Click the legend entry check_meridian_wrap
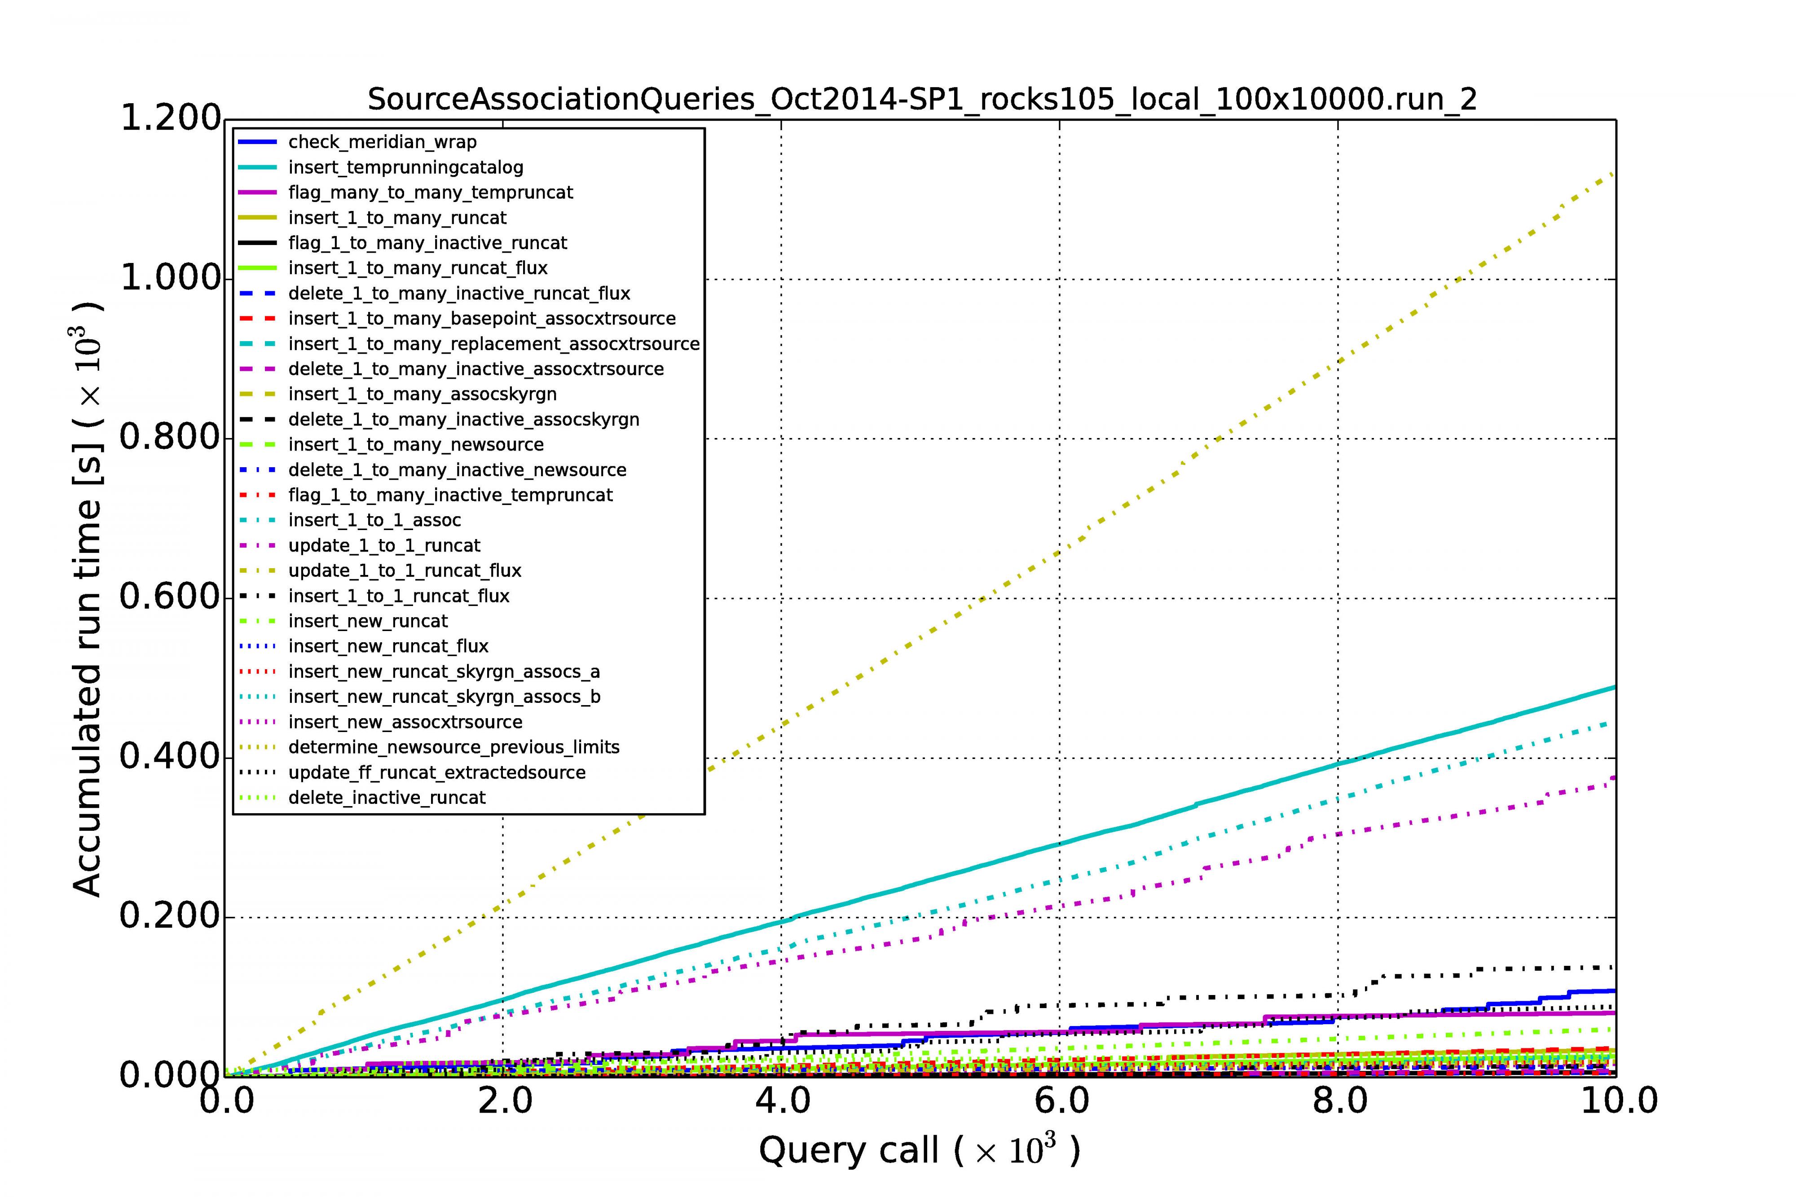coord(382,142)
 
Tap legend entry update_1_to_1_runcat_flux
coord(405,570)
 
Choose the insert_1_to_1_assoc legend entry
coord(374,520)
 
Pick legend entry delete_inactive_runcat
coord(387,797)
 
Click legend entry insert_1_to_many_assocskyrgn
coord(422,394)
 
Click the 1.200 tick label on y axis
coord(170,118)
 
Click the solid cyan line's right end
coord(1614,687)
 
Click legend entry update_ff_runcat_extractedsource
coord(437,772)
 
